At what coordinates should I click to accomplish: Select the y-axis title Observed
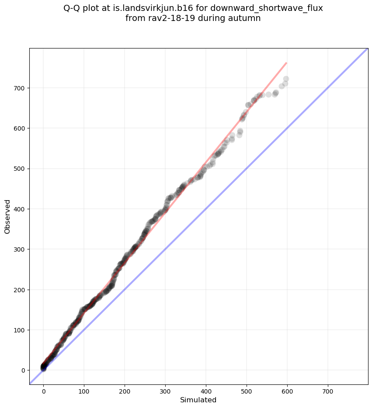click(7, 216)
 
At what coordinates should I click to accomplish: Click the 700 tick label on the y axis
click(19, 88)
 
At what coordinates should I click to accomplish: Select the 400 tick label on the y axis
click(19, 209)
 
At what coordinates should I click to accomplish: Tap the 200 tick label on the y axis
click(19, 290)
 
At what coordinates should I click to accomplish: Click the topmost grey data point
click(286, 79)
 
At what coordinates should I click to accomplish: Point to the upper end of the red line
click(286, 63)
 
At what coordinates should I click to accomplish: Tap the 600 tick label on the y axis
click(19, 128)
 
